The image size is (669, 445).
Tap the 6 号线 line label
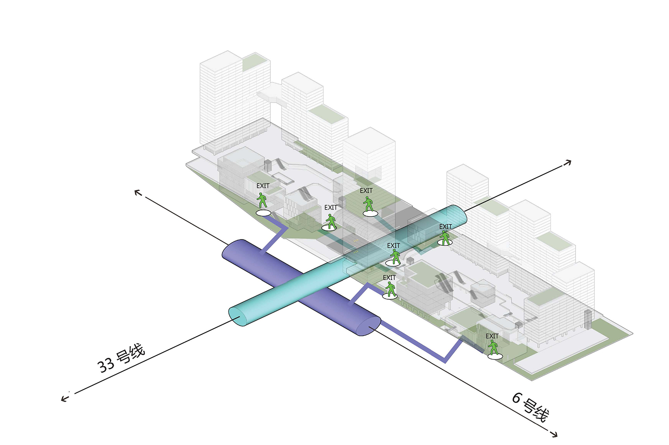pyautogui.click(x=530, y=407)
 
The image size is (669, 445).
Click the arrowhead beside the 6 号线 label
pyautogui.click(x=554, y=433)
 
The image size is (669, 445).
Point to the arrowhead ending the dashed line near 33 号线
pyautogui.click(x=65, y=397)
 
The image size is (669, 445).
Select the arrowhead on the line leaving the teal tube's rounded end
pyautogui.click(x=568, y=163)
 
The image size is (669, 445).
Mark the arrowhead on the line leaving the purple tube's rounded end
pyautogui.click(x=138, y=193)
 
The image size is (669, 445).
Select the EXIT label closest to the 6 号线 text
pyautogui.click(x=492, y=336)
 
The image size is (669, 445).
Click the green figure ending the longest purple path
pyautogui.click(x=493, y=347)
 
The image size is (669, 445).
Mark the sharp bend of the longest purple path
pyautogui.click(x=445, y=360)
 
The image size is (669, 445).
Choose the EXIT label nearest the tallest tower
pyautogui.click(x=263, y=185)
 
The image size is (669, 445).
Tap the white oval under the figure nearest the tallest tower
pyautogui.click(x=263, y=213)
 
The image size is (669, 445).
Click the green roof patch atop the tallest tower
pyautogui.click(x=256, y=62)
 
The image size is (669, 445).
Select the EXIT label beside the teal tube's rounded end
pyautogui.click(x=446, y=227)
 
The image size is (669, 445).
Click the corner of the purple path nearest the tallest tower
pyautogui.click(x=285, y=227)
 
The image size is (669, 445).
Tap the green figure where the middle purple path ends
pyautogui.click(x=391, y=289)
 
